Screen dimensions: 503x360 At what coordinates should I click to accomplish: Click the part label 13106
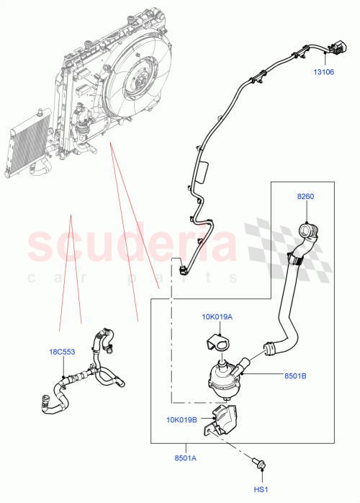point(323,71)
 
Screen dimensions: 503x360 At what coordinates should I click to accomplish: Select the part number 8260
point(305,196)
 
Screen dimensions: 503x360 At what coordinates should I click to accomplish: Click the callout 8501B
point(294,375)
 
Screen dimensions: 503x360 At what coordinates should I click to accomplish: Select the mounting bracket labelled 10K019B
point(224,419)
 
